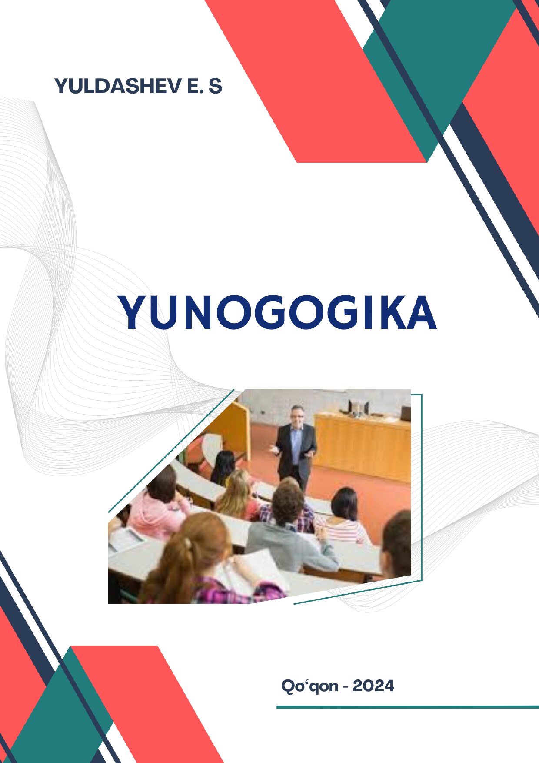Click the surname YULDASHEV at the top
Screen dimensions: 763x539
[x=117, y=86]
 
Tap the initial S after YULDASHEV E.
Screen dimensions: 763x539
[x=215, y=86]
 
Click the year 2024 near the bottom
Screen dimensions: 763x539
[x=373, y=686]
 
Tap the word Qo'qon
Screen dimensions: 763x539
[x=309, y=686]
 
